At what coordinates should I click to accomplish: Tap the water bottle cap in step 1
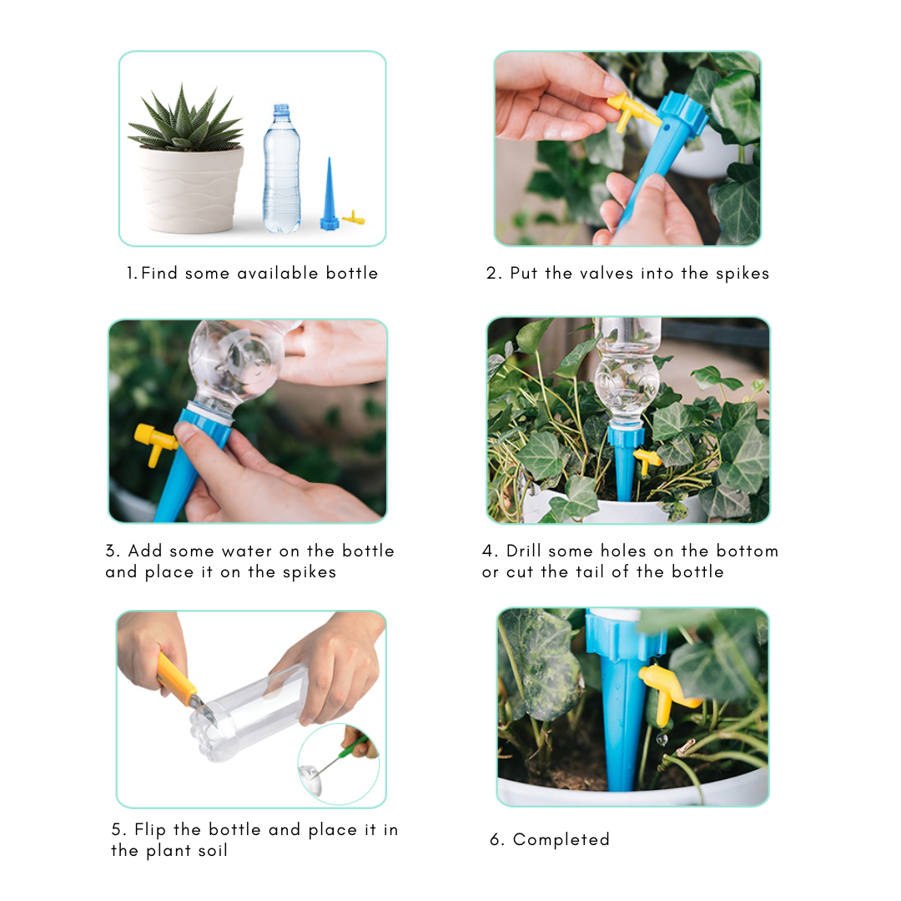coord(282,109)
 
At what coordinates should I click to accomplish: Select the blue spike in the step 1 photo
coord(330,194)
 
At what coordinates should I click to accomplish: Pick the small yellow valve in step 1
coord(354,218)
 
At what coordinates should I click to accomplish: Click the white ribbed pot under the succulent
coord(191,189)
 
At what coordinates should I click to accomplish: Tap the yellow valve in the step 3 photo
coord(154,442)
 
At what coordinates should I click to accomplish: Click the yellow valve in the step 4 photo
coord(647,461)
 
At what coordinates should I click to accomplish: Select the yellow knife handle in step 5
coord(176,681)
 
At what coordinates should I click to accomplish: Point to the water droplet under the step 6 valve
coord(662,738)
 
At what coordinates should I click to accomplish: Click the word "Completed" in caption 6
coord(561,839)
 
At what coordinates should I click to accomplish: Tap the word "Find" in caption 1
coord(159,273)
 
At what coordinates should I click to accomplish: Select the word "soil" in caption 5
coord(213,850)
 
